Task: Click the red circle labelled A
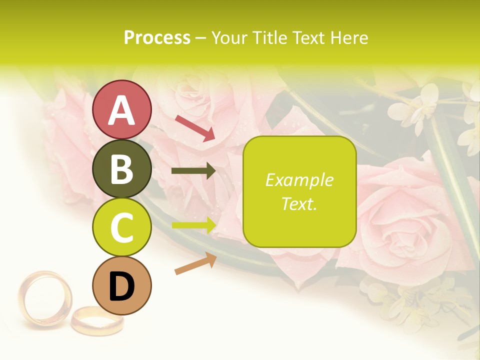pos(122,109)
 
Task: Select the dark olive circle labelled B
pos(122,168)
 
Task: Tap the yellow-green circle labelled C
pos(122,227)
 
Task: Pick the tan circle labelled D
pos(122,285)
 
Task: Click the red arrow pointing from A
pos(195,128)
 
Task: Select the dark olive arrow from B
pos(193,171)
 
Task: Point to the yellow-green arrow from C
pos(194,225)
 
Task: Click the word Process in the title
pos(157,38)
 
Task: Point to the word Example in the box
pos(299,180)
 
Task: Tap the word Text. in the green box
pos(299,203)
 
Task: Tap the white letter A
pos(122,110)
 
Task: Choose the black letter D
pos(122,286)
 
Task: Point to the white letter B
pos(122,169)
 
